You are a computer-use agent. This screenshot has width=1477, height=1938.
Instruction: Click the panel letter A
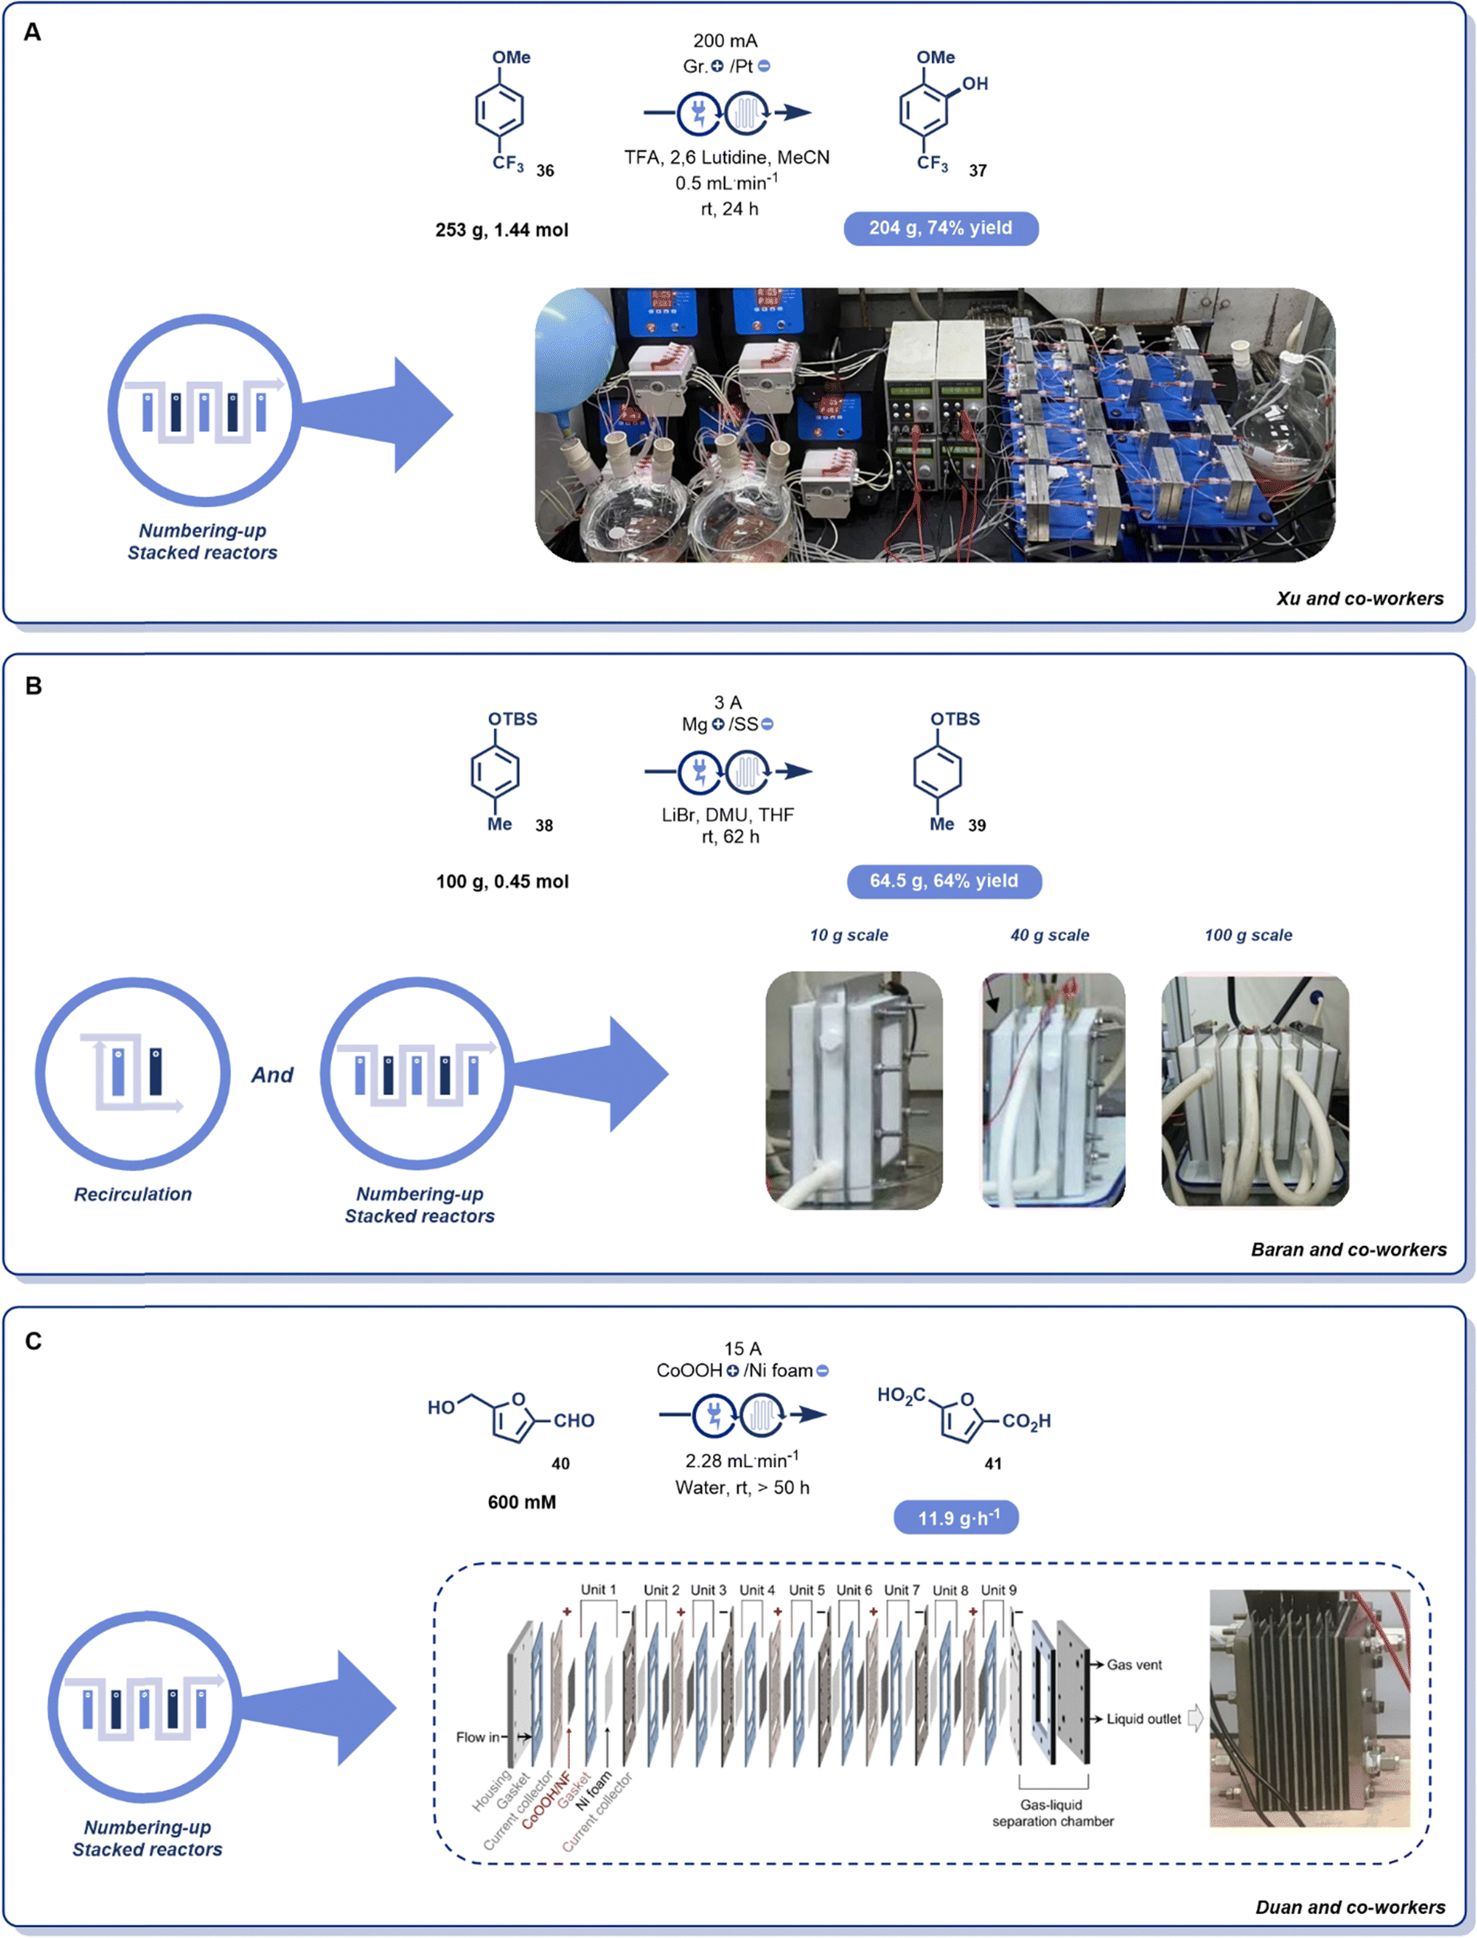[33, 33]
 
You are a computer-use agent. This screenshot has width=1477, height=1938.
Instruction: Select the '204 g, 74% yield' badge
[941, 229]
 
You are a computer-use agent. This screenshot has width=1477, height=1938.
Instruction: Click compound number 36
[545, 170]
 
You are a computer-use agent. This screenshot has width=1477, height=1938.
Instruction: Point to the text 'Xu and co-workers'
[1359, 599]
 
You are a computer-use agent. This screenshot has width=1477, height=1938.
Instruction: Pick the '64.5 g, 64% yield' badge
[943, 881]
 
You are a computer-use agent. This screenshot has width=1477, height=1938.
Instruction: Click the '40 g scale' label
[1050, 935]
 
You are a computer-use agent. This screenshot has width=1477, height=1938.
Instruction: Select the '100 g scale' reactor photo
[1255, 1091]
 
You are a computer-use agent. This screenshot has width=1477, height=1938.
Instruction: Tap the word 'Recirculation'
[133, 1194]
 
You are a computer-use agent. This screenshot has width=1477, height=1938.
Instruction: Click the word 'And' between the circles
[273, 1075]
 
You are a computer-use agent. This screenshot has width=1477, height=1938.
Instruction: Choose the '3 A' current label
[727, 703]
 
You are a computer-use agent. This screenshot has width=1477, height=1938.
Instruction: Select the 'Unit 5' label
[807, 1590]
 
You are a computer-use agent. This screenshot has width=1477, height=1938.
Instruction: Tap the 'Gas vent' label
[1134, 1664]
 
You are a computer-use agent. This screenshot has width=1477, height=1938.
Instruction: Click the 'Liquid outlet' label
[1143, 1719]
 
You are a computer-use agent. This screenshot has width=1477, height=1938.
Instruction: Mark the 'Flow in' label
[478, 1736]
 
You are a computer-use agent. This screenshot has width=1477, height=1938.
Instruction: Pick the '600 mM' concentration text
[522, 1502]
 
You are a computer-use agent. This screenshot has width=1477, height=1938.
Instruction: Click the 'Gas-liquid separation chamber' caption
[1052, 1813]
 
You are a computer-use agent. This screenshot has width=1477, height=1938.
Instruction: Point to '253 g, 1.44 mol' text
[502, 230]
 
